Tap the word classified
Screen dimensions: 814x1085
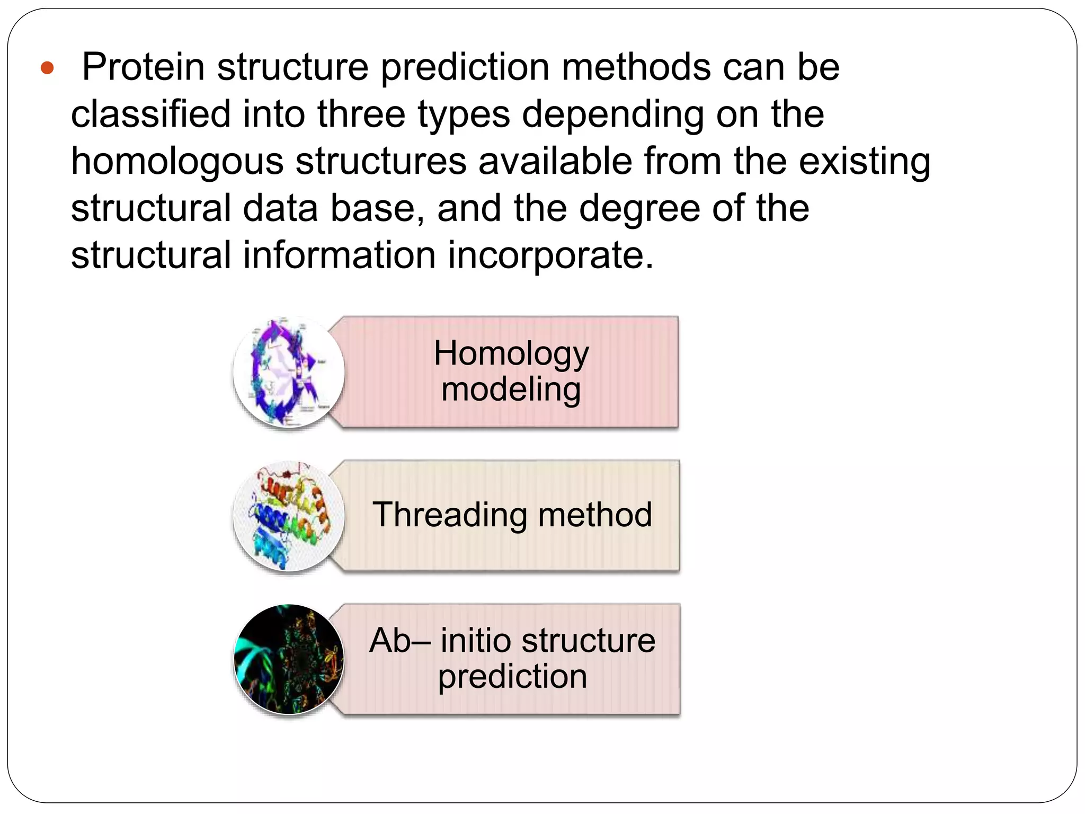(x=150, y=114)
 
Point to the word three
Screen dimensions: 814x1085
(x=361, y=114)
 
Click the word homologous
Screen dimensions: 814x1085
(x=177, y=162)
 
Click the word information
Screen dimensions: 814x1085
(x=339, y=255)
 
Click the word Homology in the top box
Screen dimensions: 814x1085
(x=511, y=353)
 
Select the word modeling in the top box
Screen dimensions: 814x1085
(x=511, y=390)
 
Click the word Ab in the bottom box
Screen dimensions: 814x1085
(x=390, y=640)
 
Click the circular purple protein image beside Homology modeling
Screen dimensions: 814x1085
(x=289, y=372)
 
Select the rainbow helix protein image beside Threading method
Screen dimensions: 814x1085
(x=289, y=516)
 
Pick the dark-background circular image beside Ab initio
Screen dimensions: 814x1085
(x=289, y=659)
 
